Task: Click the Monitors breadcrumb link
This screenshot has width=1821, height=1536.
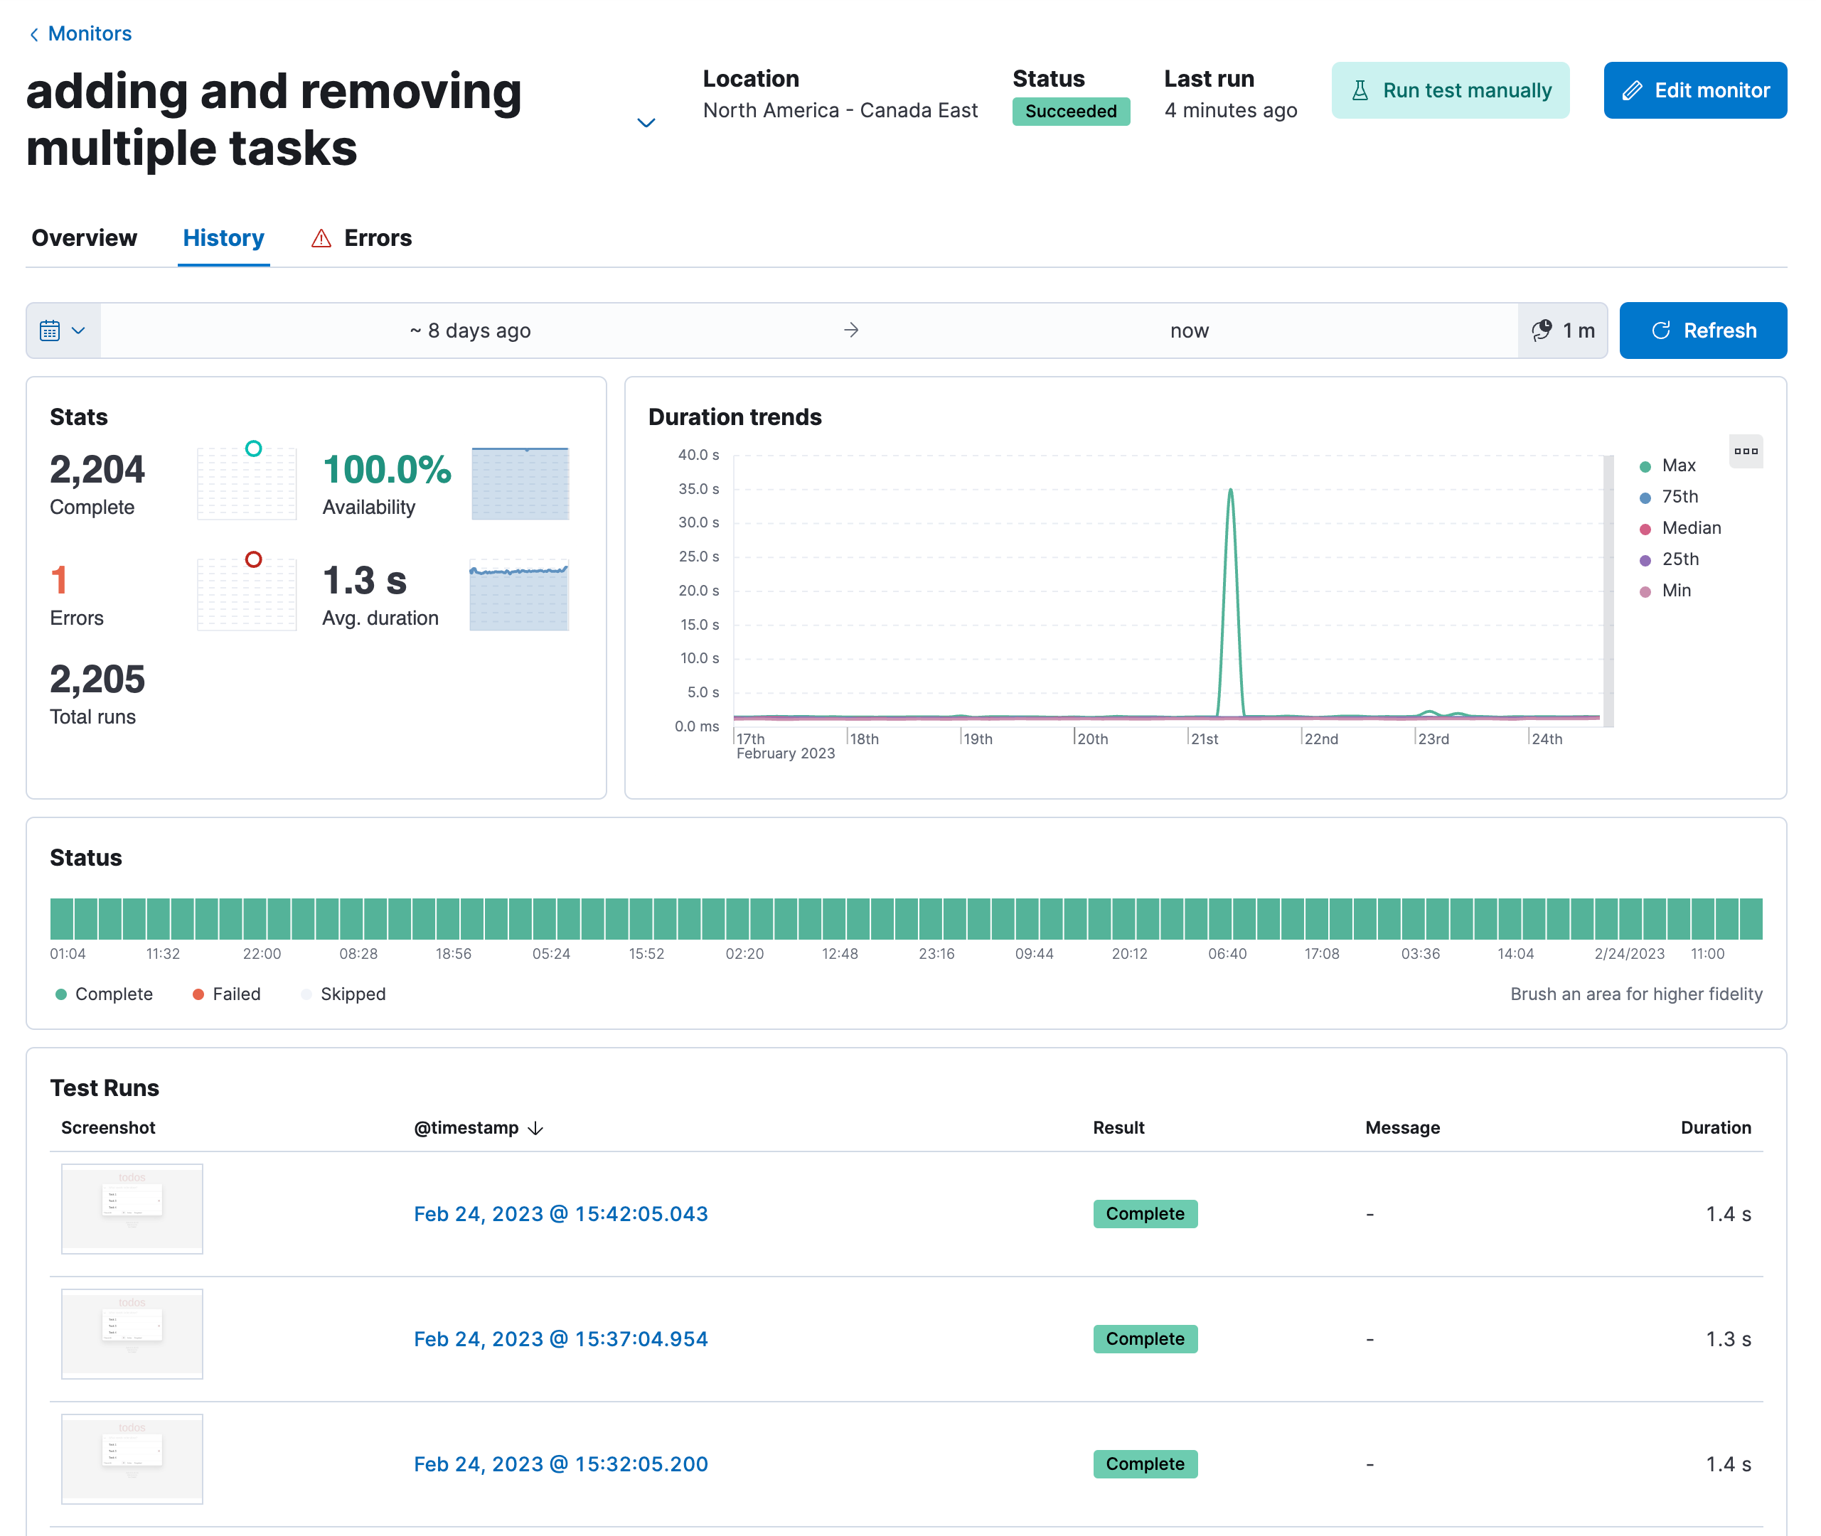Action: [x=89, y=34]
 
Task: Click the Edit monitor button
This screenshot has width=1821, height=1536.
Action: [x=1694, y=90]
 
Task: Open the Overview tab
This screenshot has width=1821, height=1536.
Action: [x=85, y=237]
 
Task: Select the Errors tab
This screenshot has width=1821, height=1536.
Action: [x=376, y=237]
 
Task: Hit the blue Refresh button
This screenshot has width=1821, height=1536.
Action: [x=1702, y=331]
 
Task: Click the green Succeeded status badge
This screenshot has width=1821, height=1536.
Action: [x=1070, y=112]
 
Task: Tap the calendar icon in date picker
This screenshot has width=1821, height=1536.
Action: [x=50, y=331]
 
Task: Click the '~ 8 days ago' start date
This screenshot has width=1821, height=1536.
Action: [x=470, y=331]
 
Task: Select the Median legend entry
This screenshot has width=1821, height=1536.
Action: [x=1689, y=527]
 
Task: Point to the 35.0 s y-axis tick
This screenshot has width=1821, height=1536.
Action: [x=698, y=489]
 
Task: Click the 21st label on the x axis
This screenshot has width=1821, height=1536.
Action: [x=1204, y=739]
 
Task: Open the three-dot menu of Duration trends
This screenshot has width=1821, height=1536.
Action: [x=1744, y=451]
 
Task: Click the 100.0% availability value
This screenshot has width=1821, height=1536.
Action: [x=387, y=471]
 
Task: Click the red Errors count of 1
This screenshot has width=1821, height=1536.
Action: [x=59, y=581]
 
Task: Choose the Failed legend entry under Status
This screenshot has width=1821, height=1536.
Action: [x=235, y=994]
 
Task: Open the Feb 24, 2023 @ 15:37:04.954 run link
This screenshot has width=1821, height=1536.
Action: [x=560, y=1339]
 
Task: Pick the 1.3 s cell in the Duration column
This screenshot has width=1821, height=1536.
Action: [x=1727, y=1339]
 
